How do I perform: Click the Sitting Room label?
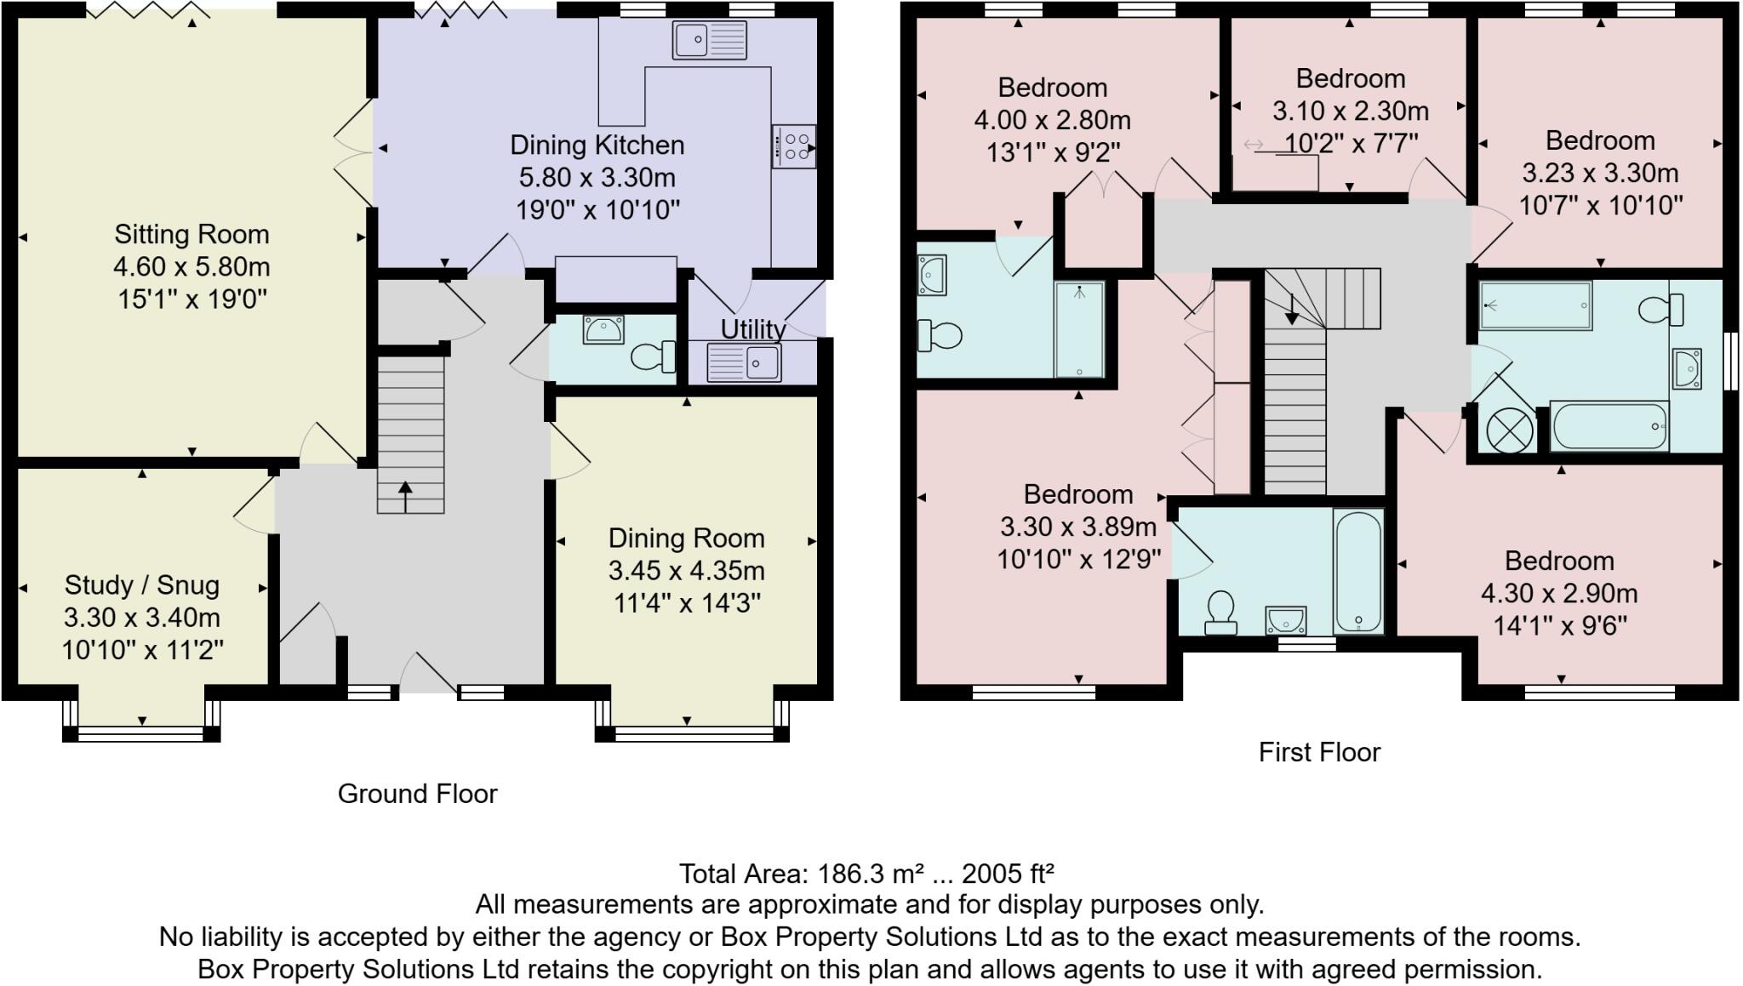pyautogui.click(x=191, y=234)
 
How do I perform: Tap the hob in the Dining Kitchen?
pyautogui.click(x=794, y=146)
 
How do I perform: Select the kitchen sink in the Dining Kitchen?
pyautogui.click(x=709, y=39)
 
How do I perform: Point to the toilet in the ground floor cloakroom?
pyautogui.click(x=653, y=356)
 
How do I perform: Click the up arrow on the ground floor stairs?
pyautogui.click(x=405, y=497)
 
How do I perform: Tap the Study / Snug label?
pyautogui.click(x=142, y=585)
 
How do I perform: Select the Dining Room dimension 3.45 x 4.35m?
pyautogui.click(x=686, y=571)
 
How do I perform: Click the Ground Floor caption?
pyautogui.click(x=417, y=794)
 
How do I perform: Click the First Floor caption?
pyautogui.click(x=1319, y=752)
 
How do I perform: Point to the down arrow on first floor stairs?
pyautogui.click(x=1292, y=310)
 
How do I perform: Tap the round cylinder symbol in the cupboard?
pyautogui.click(x=1507, y=427)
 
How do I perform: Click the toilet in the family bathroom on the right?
pyautogui.click(x=1661, y=309)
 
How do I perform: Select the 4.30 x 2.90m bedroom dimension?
pyautogui.click(x=1559, y=593)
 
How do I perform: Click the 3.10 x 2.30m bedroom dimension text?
pyautogui.click(x=1350, y=111)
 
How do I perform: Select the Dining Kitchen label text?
pyautogui.click(x=597, y=145)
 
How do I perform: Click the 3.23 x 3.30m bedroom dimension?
pyautogui.click(x=1600, y=173)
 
